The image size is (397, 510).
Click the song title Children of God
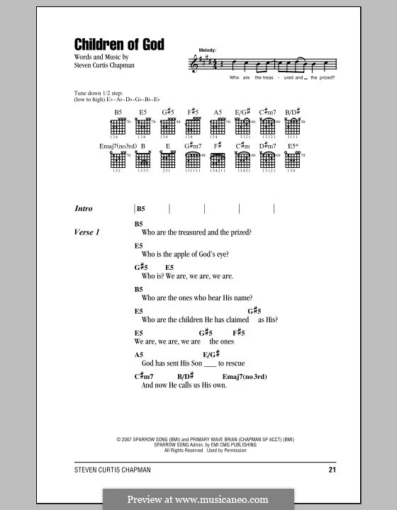(x=119, y=45)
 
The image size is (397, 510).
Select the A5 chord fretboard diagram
(x=218, y=127)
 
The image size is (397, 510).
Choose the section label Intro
(x=84, y=209)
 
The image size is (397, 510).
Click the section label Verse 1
(x=87, y=232)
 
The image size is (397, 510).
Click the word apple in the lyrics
(x=180, y=254)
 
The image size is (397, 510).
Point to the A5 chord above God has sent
(x=139, y=353)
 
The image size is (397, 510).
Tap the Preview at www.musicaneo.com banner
(x=198, y=498)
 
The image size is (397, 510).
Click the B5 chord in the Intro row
(x=140, y=209)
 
